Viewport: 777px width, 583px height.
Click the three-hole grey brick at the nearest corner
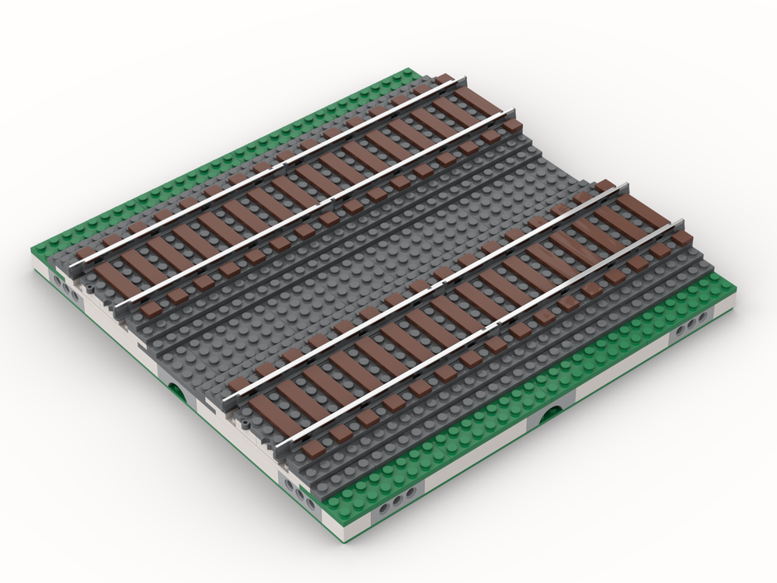coord(303,492)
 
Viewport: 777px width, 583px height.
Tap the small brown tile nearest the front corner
coord(315,451)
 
